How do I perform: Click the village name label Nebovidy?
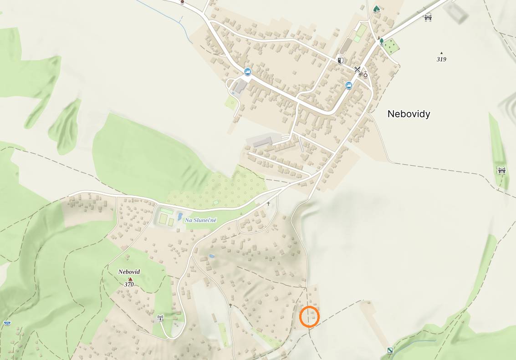click(x=409, y=114)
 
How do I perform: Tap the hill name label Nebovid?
click(x=129, y=272)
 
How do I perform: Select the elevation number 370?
click(x=129, y=284)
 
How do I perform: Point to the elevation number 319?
click(x=441, y=59)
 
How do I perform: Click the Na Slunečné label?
click(x=201, y=220)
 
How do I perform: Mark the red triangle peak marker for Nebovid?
click(x=130, y=279)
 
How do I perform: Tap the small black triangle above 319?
click(x=441, y=53)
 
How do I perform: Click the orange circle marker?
click(x=310, y=317)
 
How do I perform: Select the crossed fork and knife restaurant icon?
click(x=357, y=70)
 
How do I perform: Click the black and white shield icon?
click(x=340, y=60)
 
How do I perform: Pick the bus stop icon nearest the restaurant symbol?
click(x=349, y=85)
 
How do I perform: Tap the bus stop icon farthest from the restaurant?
click(x=247, y=71)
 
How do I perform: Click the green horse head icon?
click(x=376, y=9)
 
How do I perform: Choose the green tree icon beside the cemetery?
click(x=382, y=41)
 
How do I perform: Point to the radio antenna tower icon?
click(x=160, y=318)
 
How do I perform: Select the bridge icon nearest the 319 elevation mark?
click(x=428, y=17)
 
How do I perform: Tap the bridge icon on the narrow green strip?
click(x=501, y=170)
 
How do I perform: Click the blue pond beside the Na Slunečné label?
click(x=180, y=216)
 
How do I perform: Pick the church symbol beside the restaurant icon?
click(x=365, y=74)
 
